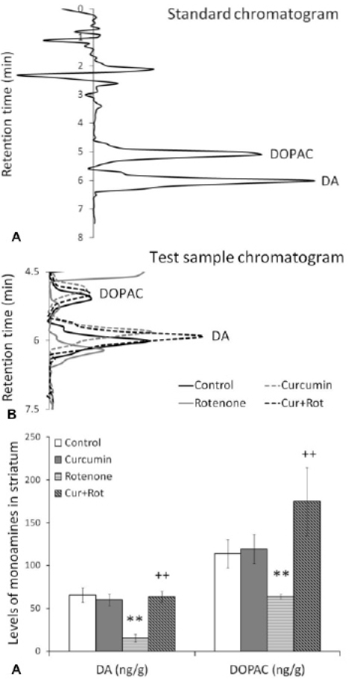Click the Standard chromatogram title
(253, 14)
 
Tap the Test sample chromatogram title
(247, 258)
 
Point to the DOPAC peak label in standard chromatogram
(291, 154)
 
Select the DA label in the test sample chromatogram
(221, 336)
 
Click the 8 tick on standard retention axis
(80, 237)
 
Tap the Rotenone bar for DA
(136, 644)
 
